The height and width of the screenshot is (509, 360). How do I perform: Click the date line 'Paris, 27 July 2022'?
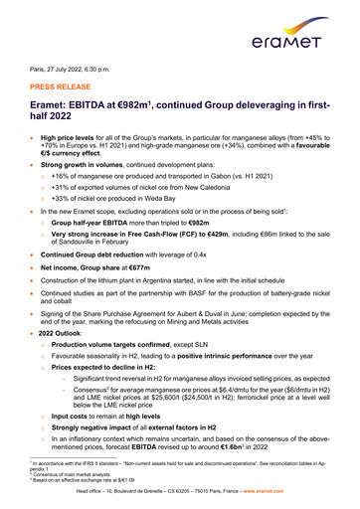[61, 75]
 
